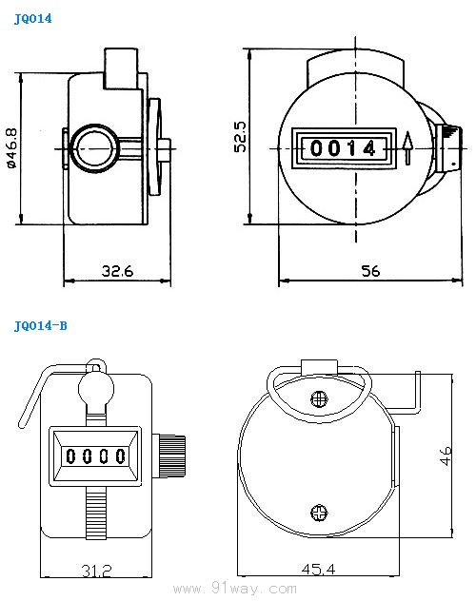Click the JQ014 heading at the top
tap(32, 19)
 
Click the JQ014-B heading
tap(40, 326)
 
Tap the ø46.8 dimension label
tap(11, 148)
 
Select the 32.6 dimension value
tap(117, 271)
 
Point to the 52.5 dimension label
tap(241, 137)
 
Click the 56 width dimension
tap(370, 271)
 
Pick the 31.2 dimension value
tap(97, 571)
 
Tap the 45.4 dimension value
tap(318, 569)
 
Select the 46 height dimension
tap(446, 456)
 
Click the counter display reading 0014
tap(344, 148)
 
